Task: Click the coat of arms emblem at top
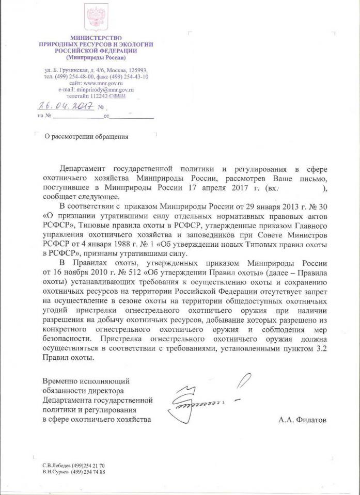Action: point(96,17)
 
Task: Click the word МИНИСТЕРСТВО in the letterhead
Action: point(96,38)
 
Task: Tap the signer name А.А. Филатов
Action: point(303,421)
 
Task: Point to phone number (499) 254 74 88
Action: point(87,472)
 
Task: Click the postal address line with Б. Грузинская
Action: point(96,70)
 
